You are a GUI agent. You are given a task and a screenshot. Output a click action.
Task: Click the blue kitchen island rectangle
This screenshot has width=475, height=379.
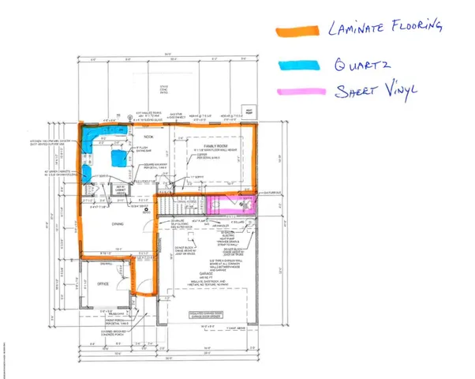pyautogui.click(x=119, y=158)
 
